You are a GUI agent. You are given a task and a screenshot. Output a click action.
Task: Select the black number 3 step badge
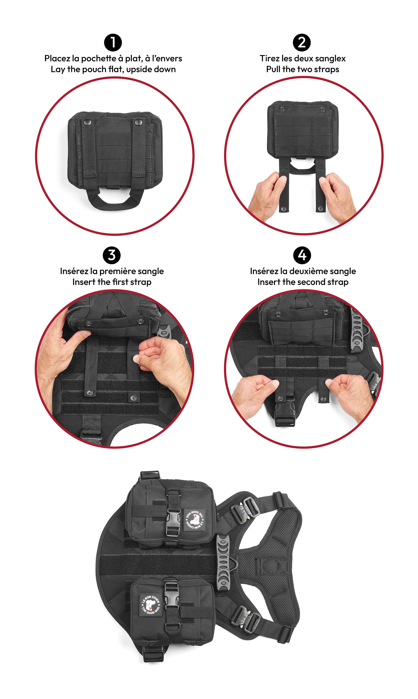(x=112, y=255)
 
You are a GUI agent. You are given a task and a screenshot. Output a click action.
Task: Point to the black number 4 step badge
(x=302, y=255)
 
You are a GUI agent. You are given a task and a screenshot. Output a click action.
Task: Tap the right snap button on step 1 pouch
(x=138, y=122)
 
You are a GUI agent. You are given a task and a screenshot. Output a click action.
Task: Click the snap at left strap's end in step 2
(x=283, y=209)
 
